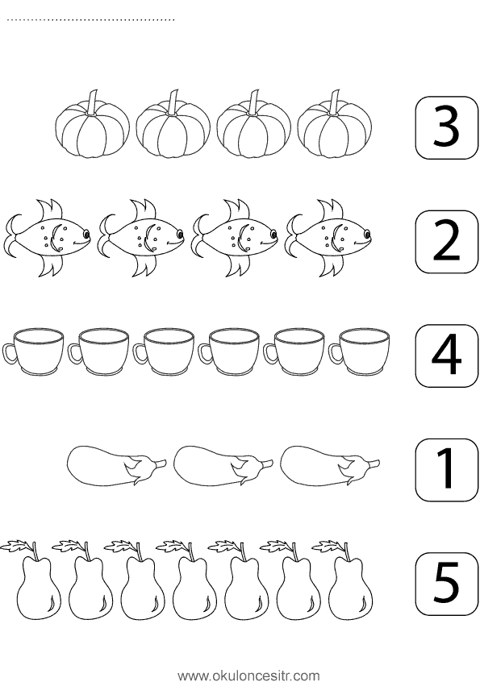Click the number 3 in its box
[x=446, y=128]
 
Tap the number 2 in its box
[x=446, y=242]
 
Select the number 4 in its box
[x=446, y=356]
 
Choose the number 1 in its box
[x=446, y=470]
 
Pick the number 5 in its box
[x=446, y=584]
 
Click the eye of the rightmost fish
[x=367, y=235]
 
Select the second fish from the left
[x=140, y=238]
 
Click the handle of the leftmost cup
[x=9, y=354]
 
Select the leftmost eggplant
[x=117, y=465]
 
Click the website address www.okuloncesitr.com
[x=248, y=675]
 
